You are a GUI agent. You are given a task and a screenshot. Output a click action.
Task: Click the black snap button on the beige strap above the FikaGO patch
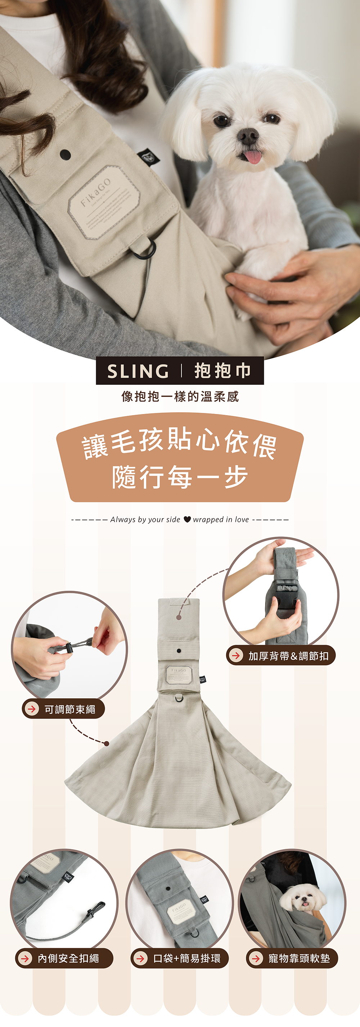(65, 155)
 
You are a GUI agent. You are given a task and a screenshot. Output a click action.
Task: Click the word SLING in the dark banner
(138, 371)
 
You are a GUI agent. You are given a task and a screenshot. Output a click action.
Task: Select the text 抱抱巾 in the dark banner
(222, 371)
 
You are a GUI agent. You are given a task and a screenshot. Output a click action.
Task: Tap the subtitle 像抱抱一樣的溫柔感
(180, 396)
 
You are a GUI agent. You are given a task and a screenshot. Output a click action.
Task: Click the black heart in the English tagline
(187, 519)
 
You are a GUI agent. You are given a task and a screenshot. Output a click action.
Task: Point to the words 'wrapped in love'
(221, 519)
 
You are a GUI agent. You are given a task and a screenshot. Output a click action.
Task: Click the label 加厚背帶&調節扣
(288, 656)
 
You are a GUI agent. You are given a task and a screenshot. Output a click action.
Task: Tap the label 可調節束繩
(69, 709)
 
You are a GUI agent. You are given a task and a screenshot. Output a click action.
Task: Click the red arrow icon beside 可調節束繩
(31, 709)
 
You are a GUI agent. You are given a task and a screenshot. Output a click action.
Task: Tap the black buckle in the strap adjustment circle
(283, 600)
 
